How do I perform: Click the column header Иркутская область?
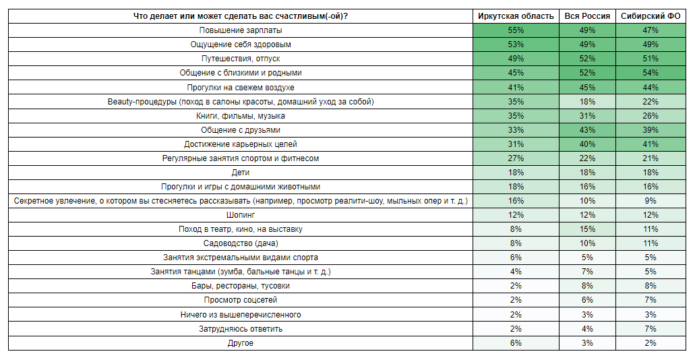point(516,16)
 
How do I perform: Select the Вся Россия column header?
point(587,16)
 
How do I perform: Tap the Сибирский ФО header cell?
point(651,16)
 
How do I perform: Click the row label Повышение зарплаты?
point(241,30)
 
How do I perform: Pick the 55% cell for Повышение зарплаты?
point(516,30)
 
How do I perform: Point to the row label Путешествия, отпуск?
point(241,59)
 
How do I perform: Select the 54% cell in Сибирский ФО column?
point(651,73)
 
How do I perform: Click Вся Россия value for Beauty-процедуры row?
point(587,102)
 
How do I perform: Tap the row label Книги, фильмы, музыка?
point(241,116)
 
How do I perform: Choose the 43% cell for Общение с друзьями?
point(587,130)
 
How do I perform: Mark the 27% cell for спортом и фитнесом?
point(516,158)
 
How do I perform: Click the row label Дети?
point(241,173)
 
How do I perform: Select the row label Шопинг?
point(241,215)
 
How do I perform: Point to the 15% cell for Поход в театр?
point(587,229)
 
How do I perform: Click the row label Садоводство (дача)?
point(241,243)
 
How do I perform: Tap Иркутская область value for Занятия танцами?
point(516,272)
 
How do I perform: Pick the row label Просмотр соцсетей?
point(241,300)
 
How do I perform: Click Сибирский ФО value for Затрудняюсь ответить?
point(651,329)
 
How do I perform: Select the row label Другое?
point(241,343)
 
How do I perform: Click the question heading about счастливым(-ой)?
point(241,16)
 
